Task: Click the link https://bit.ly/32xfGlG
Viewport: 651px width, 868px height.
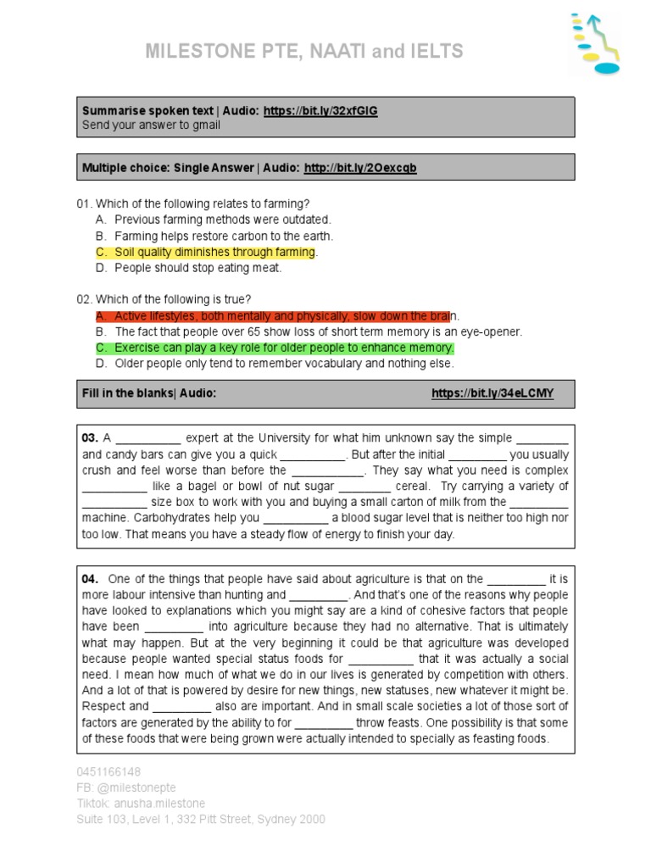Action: click(x=320, y=111)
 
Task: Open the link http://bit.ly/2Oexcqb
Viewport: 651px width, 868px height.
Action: click(x=360, y=168)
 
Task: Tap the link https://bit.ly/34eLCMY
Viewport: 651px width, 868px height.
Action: click(x=492, y=393)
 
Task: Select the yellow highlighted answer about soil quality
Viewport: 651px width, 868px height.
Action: click(x=215, y=252)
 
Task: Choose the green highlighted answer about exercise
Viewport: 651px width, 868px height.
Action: click(x=284, y=348)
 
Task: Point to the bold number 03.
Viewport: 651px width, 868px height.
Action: click(x=90, y=438)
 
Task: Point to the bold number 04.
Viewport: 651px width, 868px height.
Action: click(x=90, y=579)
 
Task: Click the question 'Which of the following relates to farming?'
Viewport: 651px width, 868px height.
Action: click(x=202, y=203)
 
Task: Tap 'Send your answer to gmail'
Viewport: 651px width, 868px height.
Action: click(x=151, y=125)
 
